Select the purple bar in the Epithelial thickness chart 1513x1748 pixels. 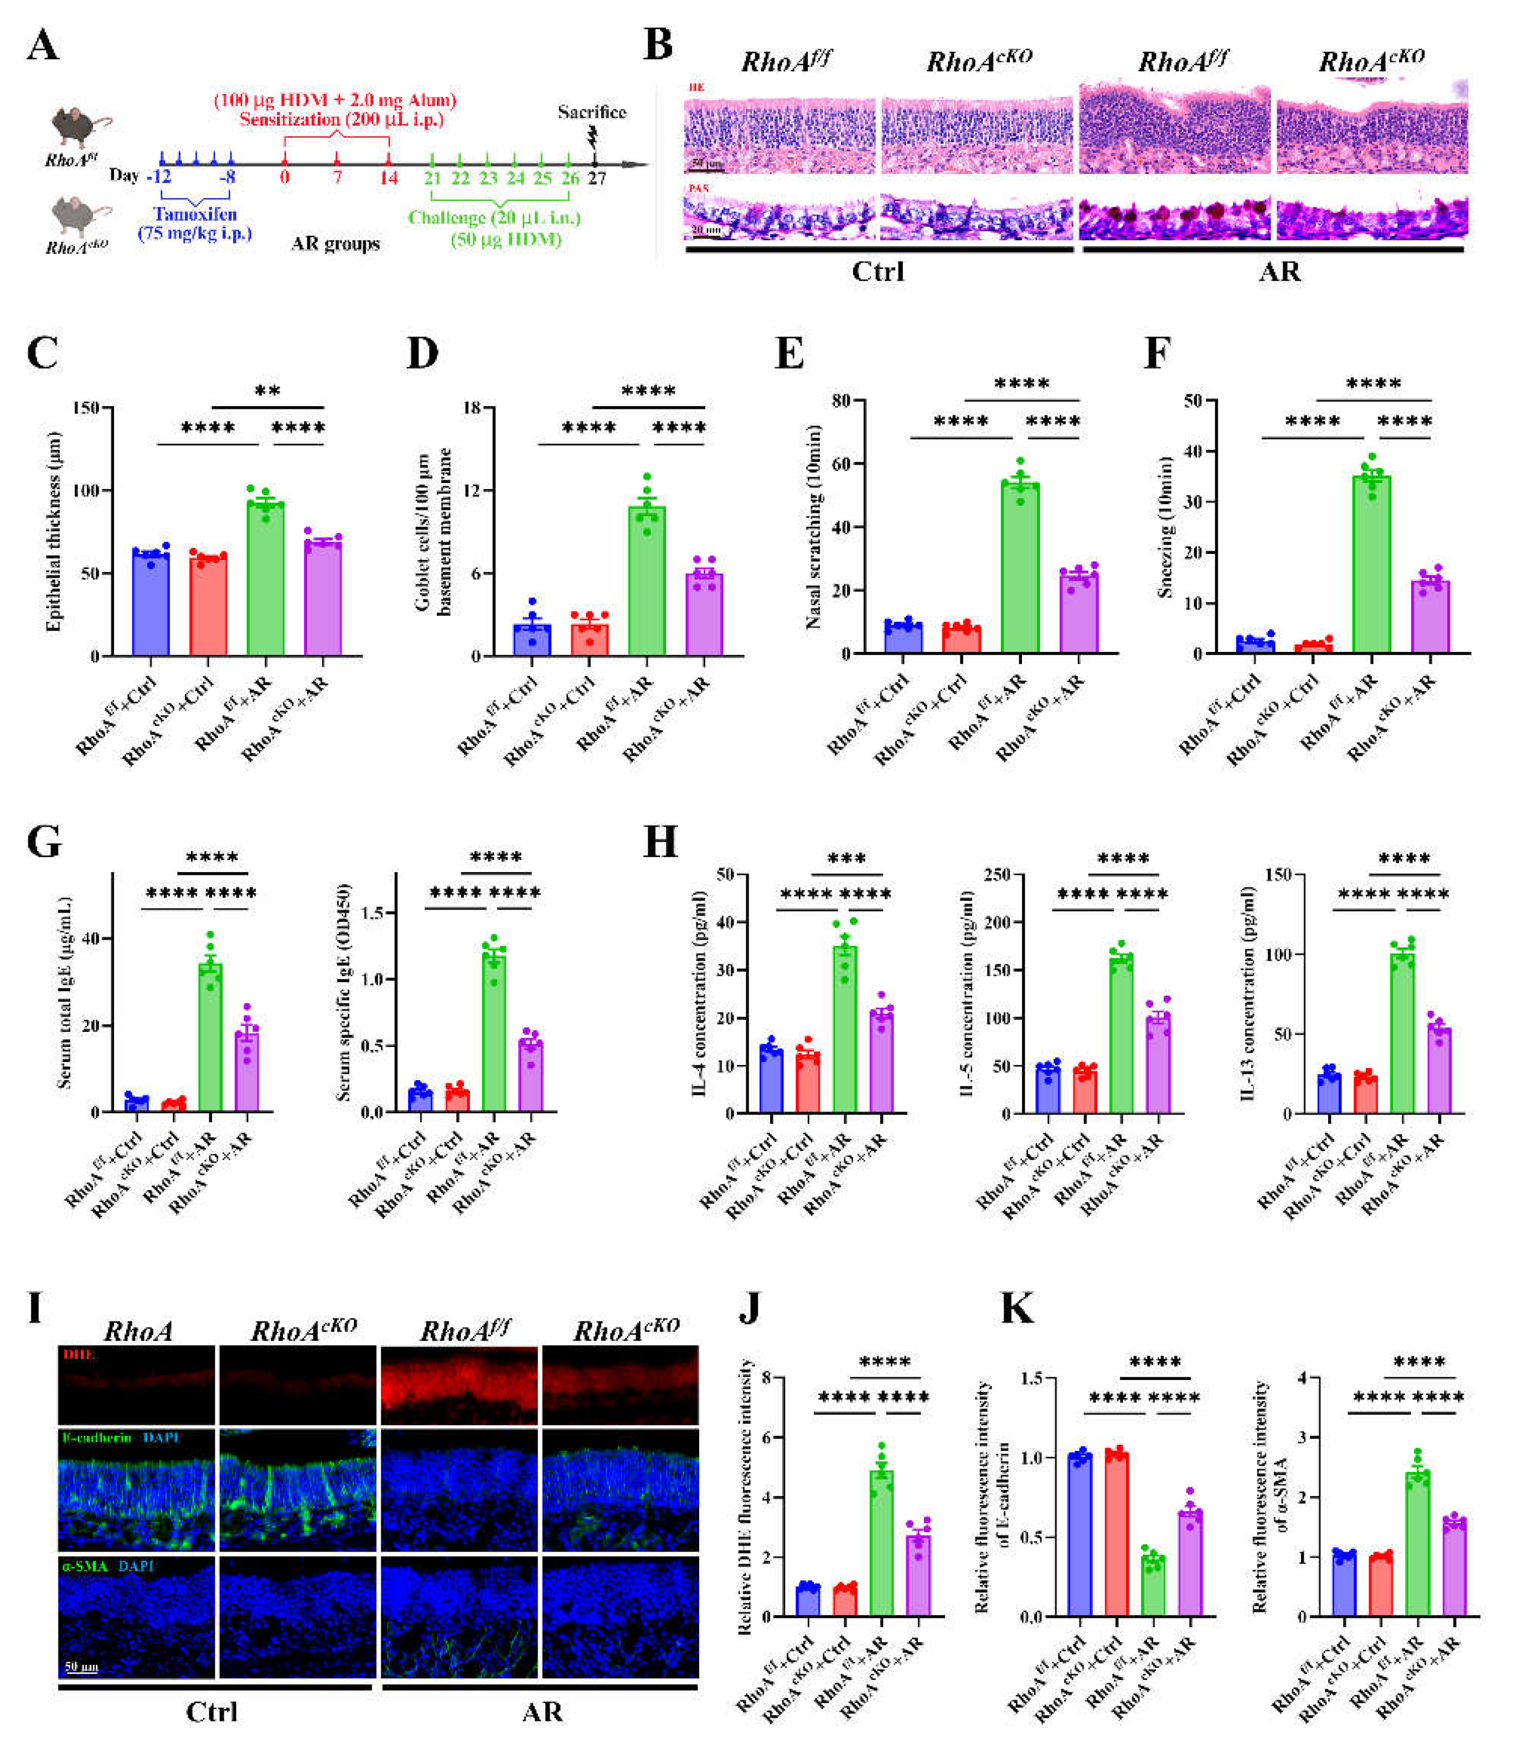coord(323,599)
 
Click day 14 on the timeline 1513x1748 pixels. coord(389,178)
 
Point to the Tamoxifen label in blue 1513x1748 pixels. coord(195,214)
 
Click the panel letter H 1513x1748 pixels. coord(660,842)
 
